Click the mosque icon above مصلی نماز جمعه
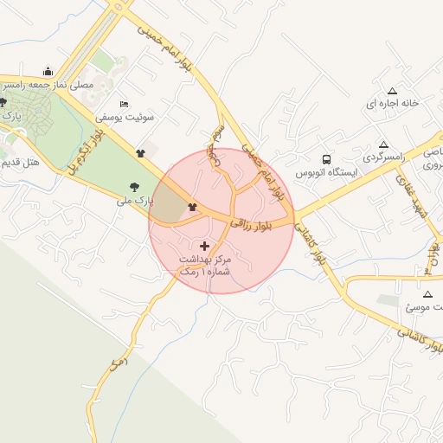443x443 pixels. [47, 72]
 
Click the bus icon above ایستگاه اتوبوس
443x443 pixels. [326, 159]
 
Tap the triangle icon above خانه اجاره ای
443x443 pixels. [392, 90]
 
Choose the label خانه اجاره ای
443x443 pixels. [392, 103]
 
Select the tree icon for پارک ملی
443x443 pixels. [133, 186]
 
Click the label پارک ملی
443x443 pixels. [134, 200]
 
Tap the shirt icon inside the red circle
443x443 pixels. [192, 206]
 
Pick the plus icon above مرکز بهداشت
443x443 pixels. [204, 247]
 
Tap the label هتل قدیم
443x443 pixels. [19, 161]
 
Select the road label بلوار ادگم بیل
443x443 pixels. [87, 147]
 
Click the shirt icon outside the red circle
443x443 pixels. [141, 153]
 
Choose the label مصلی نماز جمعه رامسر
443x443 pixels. [35, 86]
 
